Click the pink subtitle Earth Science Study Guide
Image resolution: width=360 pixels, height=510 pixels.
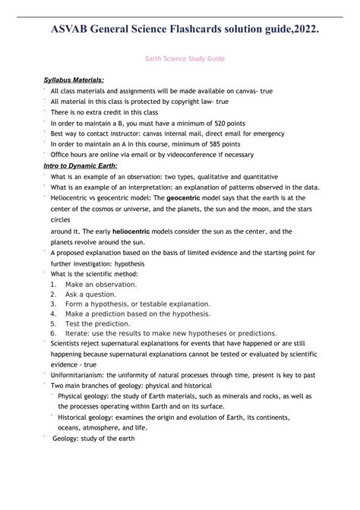coord(179,58)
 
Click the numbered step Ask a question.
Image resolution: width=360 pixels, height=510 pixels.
coord(90,294)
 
